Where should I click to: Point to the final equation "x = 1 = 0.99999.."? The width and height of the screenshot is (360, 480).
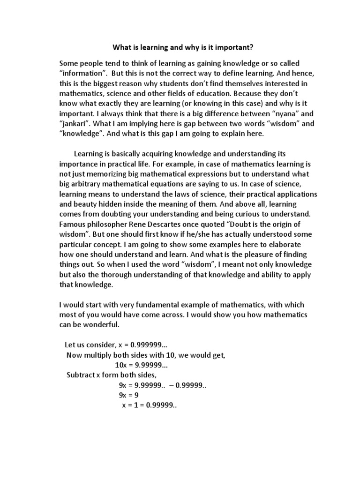pos(149,405)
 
